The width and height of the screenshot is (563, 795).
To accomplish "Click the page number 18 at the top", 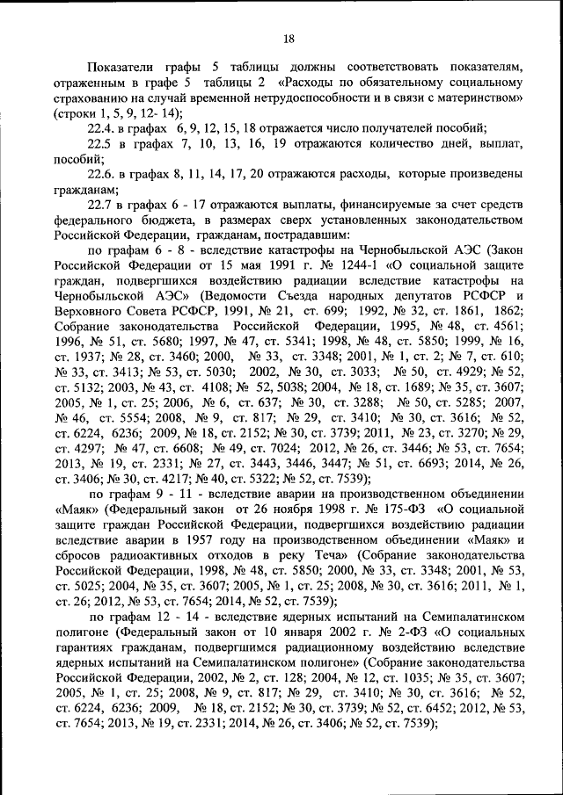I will click(x=289, y=38).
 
